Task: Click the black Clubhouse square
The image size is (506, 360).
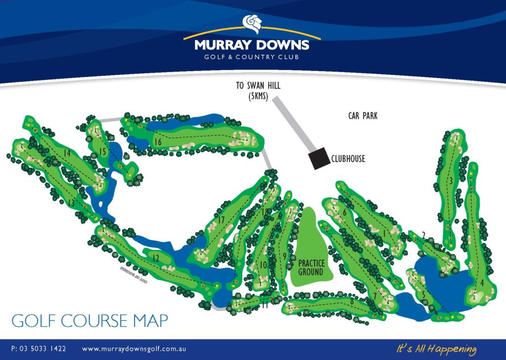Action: [319, 158]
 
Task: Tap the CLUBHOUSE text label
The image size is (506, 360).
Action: [348, 159]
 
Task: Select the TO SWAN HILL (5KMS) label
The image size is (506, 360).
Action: [258, 91]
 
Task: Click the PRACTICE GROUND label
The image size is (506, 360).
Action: [311, 268]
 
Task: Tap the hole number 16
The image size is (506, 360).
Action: [158, 142]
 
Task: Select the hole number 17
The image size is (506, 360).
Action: [222, 220]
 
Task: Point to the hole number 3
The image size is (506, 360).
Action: [451, 181]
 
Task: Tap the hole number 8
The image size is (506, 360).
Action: [351, 300]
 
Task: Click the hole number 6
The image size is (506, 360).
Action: [344, 212]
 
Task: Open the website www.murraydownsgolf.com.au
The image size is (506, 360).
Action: [133, 349]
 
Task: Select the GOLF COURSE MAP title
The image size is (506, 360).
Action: [89, 320]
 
